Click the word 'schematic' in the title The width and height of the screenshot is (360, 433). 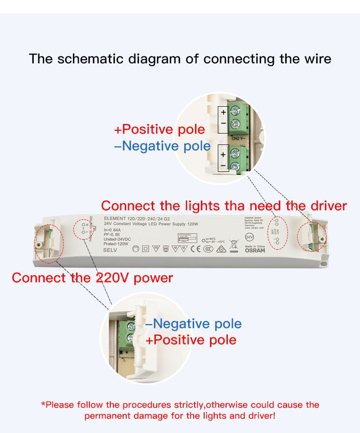pos(92,59)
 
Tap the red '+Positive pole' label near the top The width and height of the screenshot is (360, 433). pos(159,129)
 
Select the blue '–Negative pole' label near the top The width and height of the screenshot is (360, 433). pos(162,146)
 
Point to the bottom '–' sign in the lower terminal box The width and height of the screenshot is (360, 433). pos(223,166)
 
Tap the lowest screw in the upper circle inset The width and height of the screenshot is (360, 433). pos(236,167)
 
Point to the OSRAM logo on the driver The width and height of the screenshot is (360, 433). pos(254,250)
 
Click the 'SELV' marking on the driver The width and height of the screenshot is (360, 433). pos(110,250)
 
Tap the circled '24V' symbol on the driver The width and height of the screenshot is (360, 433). pos(249,237)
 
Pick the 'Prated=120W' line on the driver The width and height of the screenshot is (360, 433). pos(117,244)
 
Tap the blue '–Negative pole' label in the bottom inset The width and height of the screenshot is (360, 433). pos(193,324)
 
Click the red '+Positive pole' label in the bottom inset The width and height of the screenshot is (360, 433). pos(191,340)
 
